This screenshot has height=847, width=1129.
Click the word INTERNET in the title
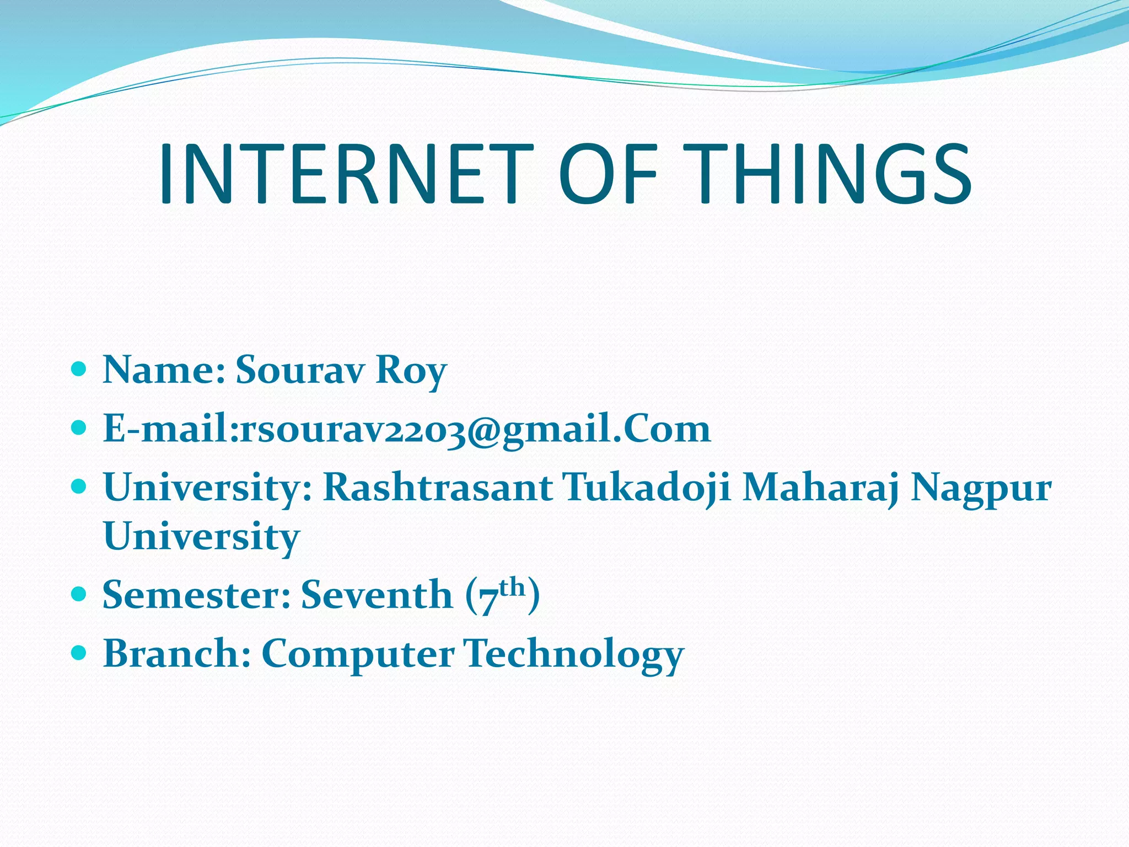tap(346, 173)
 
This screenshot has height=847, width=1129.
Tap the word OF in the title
tap(608, 173)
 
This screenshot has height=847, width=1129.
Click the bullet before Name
tap(79, 368)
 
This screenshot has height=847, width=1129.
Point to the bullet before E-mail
tap(79, 427)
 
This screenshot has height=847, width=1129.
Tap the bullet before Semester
tap(79, 594)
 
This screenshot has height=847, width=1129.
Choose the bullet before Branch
tap(79, 653)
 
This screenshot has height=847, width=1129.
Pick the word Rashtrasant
tap(438, 487)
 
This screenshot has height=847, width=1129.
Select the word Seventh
tap(377, 595)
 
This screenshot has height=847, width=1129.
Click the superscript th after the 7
tap(512, 586)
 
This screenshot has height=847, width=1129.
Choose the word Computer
tap(358, 654)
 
